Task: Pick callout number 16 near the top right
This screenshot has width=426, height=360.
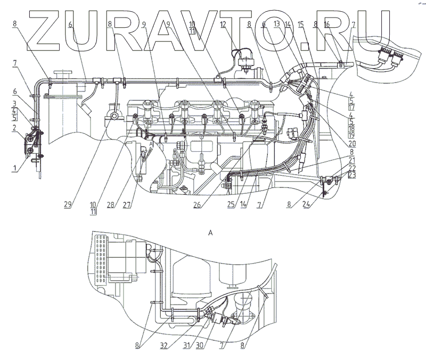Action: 326,24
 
